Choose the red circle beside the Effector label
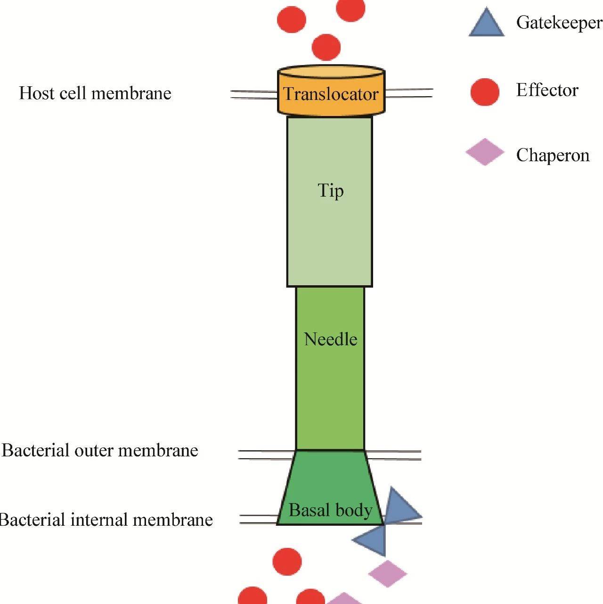coord(485,91)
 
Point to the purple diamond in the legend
coord(485,152)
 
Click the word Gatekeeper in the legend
coord(559,23)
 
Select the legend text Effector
coord(547,90)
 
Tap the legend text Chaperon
coord(553,155)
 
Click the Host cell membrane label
coord(95,93)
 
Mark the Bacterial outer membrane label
coord(100,450)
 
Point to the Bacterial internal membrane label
coord(106,520)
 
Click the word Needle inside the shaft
coord(330,339)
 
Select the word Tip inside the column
coord(331,190)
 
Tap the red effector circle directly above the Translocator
coord(326,47)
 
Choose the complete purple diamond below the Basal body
coord(387,573)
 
